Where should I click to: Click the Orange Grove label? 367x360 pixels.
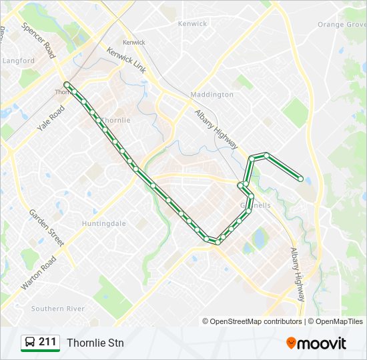(342, 25)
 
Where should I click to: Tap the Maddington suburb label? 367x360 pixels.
(212, 95)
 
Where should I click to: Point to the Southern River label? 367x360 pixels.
(57, 309)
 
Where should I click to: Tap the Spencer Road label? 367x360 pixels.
(37, 41)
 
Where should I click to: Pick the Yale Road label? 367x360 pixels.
(51, 119)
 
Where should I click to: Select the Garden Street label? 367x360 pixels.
(46, 228)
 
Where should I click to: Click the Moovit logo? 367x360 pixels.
(316, 343)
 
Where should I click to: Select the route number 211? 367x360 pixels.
(47, 342)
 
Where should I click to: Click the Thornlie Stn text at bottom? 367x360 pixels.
(95, 343)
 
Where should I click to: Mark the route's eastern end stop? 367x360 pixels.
(301, 179)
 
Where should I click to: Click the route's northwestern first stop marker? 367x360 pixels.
(67, 84)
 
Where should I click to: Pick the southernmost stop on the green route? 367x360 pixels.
(218, 241)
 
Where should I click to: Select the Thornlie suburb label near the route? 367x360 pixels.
(116, 120)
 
